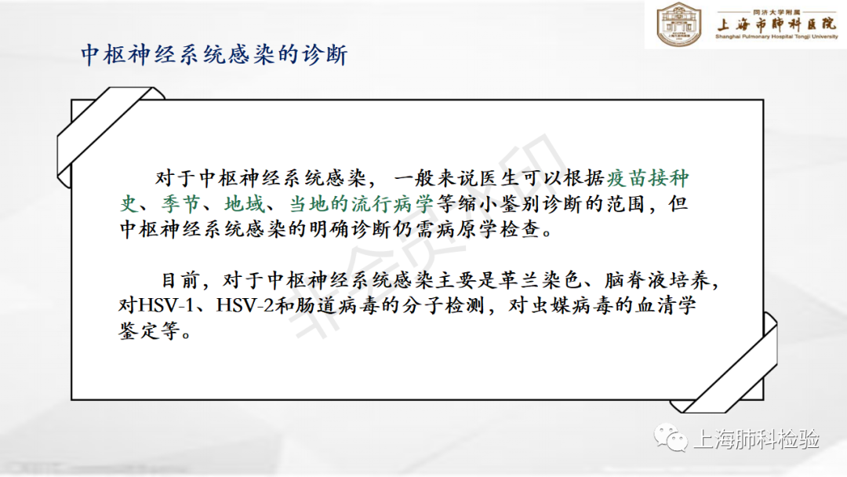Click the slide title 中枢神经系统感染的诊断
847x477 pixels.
pyautogui.click(x=214, y=55)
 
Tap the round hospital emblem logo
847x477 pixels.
pyautogui.click(x=678, y=24)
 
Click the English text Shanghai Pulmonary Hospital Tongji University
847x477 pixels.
pyautogui.click(x=776, y=37)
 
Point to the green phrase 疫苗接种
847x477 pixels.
pyautogui.click(x=648, y=178)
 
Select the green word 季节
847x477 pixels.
pyautogui.click(x=180, y=204)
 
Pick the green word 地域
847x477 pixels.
pyautogui.click(x=244, y=204)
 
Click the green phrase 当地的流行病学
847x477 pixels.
pyautogui.click(x=361, y=204)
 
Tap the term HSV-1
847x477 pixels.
pyautogui.click(x=165, y=305)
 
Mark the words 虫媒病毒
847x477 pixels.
pyautogui.click(x=570, y=305)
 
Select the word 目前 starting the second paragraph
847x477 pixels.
pyautogui.click(x=180, y=280)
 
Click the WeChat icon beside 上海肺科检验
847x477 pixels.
pyautogui.click(x=671, y=437)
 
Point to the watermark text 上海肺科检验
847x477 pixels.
pyautogui.click(x=756, y=439)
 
